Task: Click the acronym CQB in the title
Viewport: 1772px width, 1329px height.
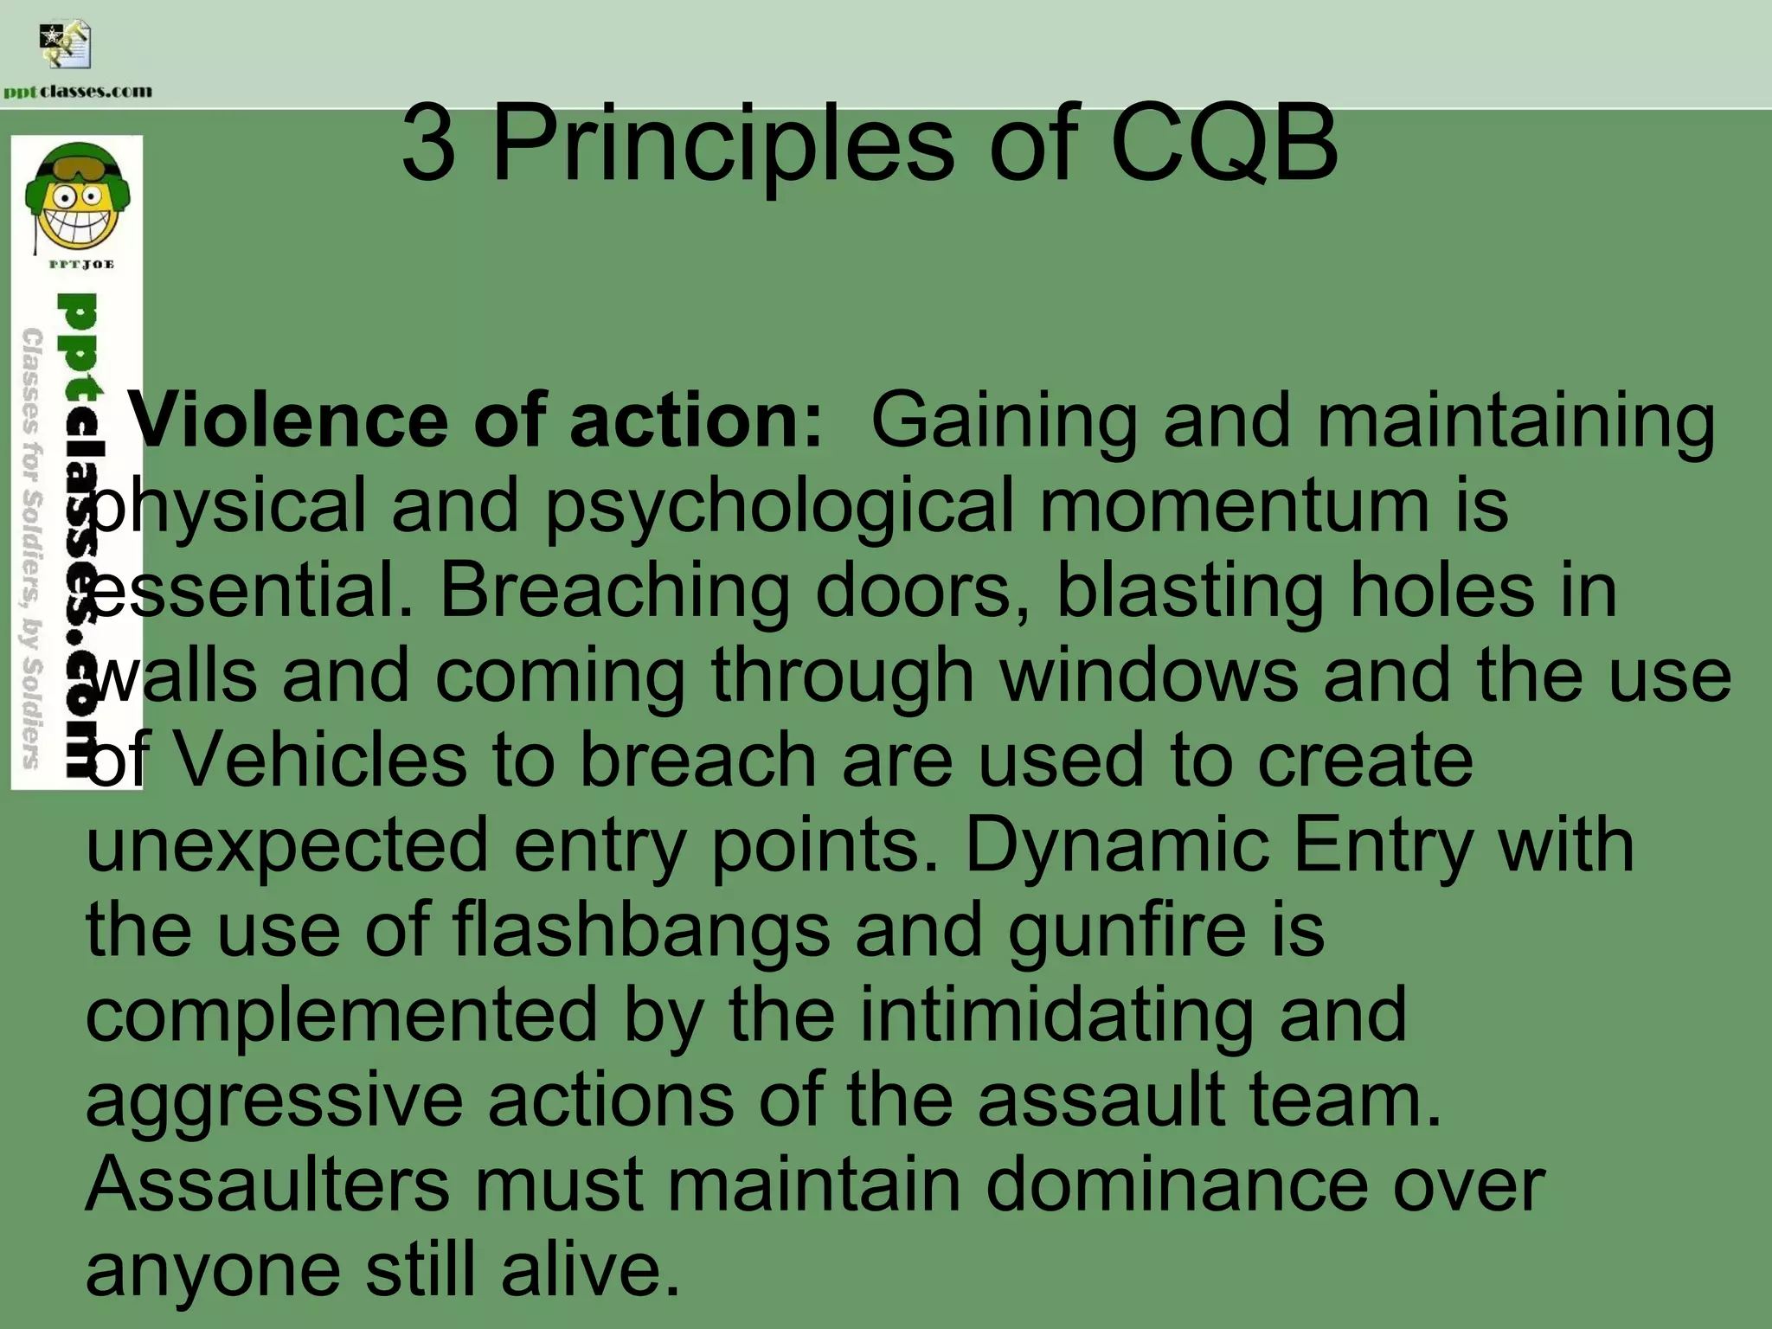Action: [1224, 144]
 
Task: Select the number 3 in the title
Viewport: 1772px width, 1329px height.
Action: [428, 144]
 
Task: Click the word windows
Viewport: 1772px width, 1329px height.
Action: [1150, 675]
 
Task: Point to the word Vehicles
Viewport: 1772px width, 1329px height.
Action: [320, 760]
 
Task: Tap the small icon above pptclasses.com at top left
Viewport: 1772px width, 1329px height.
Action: [65, 46]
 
